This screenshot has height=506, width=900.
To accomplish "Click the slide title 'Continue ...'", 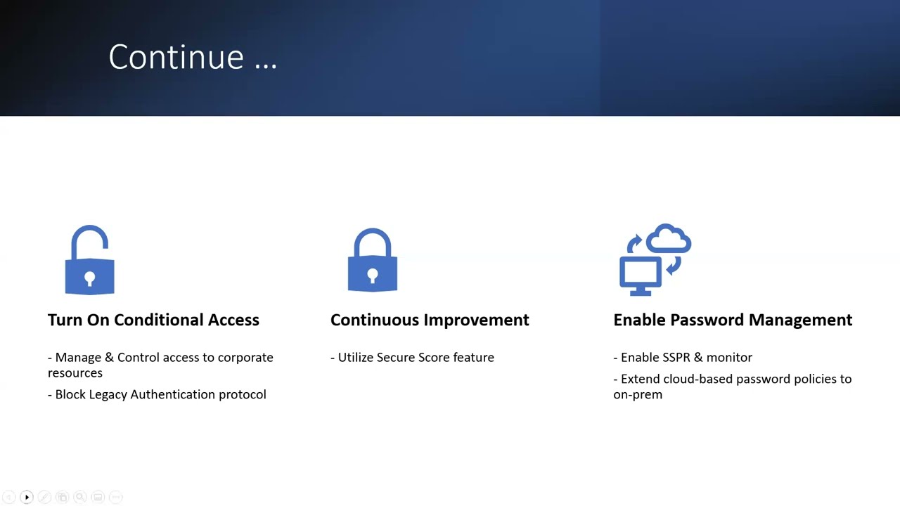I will (193, 57).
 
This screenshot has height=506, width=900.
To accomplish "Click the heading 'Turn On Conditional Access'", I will (153, 320).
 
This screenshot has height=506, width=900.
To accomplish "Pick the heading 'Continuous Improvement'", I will (430, 320).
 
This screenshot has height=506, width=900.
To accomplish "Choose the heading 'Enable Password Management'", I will (733, 320).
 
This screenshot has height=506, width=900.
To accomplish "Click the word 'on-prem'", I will (638, 394).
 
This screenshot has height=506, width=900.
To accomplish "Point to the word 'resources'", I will (75, 373).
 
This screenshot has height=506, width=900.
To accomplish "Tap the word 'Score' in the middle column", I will (434, 357).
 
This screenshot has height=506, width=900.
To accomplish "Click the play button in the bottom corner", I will (27, 498).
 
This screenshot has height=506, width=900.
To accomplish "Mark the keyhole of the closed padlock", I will (373, 275).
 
